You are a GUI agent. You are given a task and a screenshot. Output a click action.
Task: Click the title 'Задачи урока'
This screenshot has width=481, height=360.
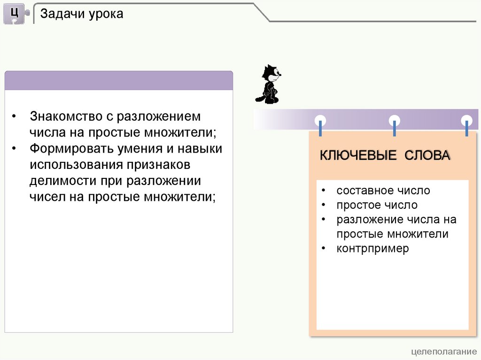point(82,14)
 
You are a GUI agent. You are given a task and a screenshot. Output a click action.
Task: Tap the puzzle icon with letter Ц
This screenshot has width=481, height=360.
point(15,14)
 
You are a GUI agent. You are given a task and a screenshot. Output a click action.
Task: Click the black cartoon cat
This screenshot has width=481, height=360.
point(269,84)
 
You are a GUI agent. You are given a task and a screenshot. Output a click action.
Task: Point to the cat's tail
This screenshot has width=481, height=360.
point(259,99)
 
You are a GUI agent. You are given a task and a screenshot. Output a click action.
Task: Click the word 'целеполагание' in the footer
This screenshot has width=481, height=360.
point(443,352)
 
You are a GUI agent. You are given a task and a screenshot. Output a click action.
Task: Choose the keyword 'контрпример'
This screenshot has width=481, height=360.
point(372,248)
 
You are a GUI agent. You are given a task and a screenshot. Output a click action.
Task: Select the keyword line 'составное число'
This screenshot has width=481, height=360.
point(383,191)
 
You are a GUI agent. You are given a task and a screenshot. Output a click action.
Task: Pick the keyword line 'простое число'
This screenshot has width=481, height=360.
point(377,205)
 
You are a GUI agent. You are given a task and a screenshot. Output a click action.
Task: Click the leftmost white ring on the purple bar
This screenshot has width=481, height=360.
point(320,120)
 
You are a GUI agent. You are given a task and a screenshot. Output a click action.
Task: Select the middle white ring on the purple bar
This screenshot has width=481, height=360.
point(395,120)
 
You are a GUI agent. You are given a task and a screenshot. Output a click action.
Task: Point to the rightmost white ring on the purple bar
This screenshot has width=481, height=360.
point(466,120)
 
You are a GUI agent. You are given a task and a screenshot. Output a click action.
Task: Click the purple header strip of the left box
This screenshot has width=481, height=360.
point(119,80)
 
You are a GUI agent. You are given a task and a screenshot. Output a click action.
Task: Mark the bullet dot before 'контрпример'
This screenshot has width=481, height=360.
point(324,248)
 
